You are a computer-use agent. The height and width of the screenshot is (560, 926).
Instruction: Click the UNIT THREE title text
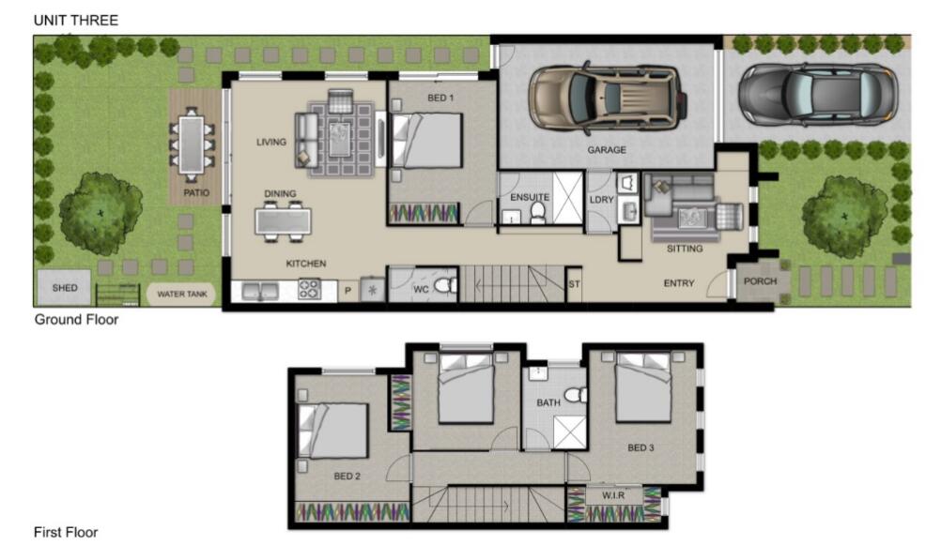point(75,20)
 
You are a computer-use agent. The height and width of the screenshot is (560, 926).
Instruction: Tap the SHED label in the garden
point(65,288)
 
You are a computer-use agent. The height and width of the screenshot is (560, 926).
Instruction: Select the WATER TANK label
point(182,294)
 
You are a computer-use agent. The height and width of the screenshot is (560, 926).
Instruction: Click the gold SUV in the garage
point(607,98)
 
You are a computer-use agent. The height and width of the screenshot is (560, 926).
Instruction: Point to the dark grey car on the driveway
point(818,95)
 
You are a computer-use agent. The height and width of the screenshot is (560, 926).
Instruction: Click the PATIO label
point(196,193)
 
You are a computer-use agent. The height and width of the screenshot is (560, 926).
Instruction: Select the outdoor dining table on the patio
point(192,145)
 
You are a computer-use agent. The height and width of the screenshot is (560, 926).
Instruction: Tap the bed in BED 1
point(426,141)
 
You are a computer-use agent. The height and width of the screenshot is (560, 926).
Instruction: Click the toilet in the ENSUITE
point(537,213)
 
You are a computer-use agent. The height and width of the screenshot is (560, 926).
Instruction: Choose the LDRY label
point(601,200)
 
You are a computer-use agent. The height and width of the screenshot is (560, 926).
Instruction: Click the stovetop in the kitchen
point(309,289)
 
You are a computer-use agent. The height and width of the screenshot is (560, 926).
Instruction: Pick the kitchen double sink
point(260,291)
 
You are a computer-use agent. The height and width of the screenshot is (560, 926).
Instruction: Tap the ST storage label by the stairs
point(574,284)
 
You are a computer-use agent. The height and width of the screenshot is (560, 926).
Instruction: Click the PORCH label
point(760,281)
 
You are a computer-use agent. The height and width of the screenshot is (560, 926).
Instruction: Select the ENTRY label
point(679,283)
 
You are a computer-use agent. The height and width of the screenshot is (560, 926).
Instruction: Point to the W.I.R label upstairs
point(613,495)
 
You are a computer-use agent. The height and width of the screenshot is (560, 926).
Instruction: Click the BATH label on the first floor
point(548,402)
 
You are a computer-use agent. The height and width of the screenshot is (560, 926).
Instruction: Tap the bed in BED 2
point(332,431)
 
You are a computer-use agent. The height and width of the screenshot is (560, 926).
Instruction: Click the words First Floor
point(66,532)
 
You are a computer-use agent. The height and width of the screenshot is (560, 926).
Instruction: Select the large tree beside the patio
point(100,213)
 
